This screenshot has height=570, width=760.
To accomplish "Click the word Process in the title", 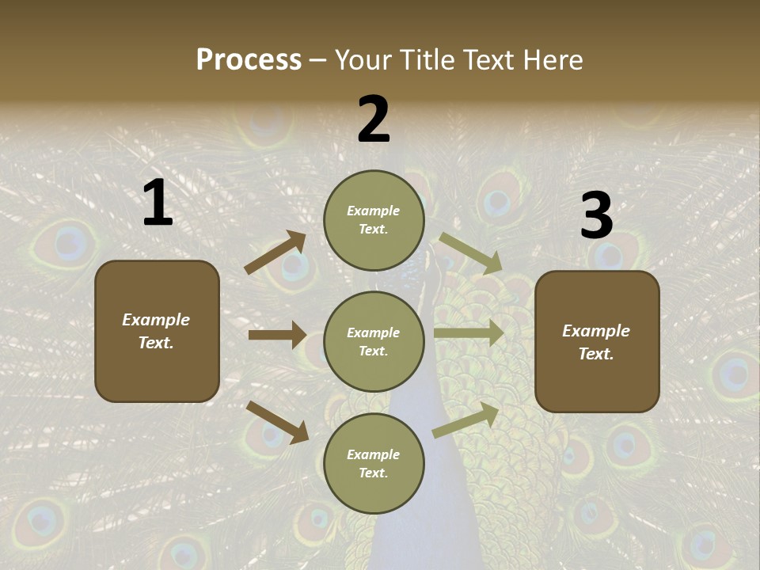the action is pos(249,59).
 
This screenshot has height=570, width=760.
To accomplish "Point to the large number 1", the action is pos(158,203).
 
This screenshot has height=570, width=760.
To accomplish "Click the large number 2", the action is pos(374,120).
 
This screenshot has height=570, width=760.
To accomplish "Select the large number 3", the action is pos(596,216).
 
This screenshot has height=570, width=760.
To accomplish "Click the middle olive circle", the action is pos(374,341).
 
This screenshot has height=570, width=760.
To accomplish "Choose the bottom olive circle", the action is pos(374,463).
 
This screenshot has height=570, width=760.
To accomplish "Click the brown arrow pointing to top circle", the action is pos(275,252).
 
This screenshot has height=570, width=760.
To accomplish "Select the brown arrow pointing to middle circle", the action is pos(277,335).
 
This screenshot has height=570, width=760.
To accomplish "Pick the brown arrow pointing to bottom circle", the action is pos(277,422).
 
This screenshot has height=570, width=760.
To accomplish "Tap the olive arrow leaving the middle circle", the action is pos(469,333).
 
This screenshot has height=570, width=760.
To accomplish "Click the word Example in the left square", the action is pos(156,320).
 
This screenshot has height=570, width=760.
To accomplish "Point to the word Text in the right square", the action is pos(595,354).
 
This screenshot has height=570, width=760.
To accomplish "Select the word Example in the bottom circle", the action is pos(374,454).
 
